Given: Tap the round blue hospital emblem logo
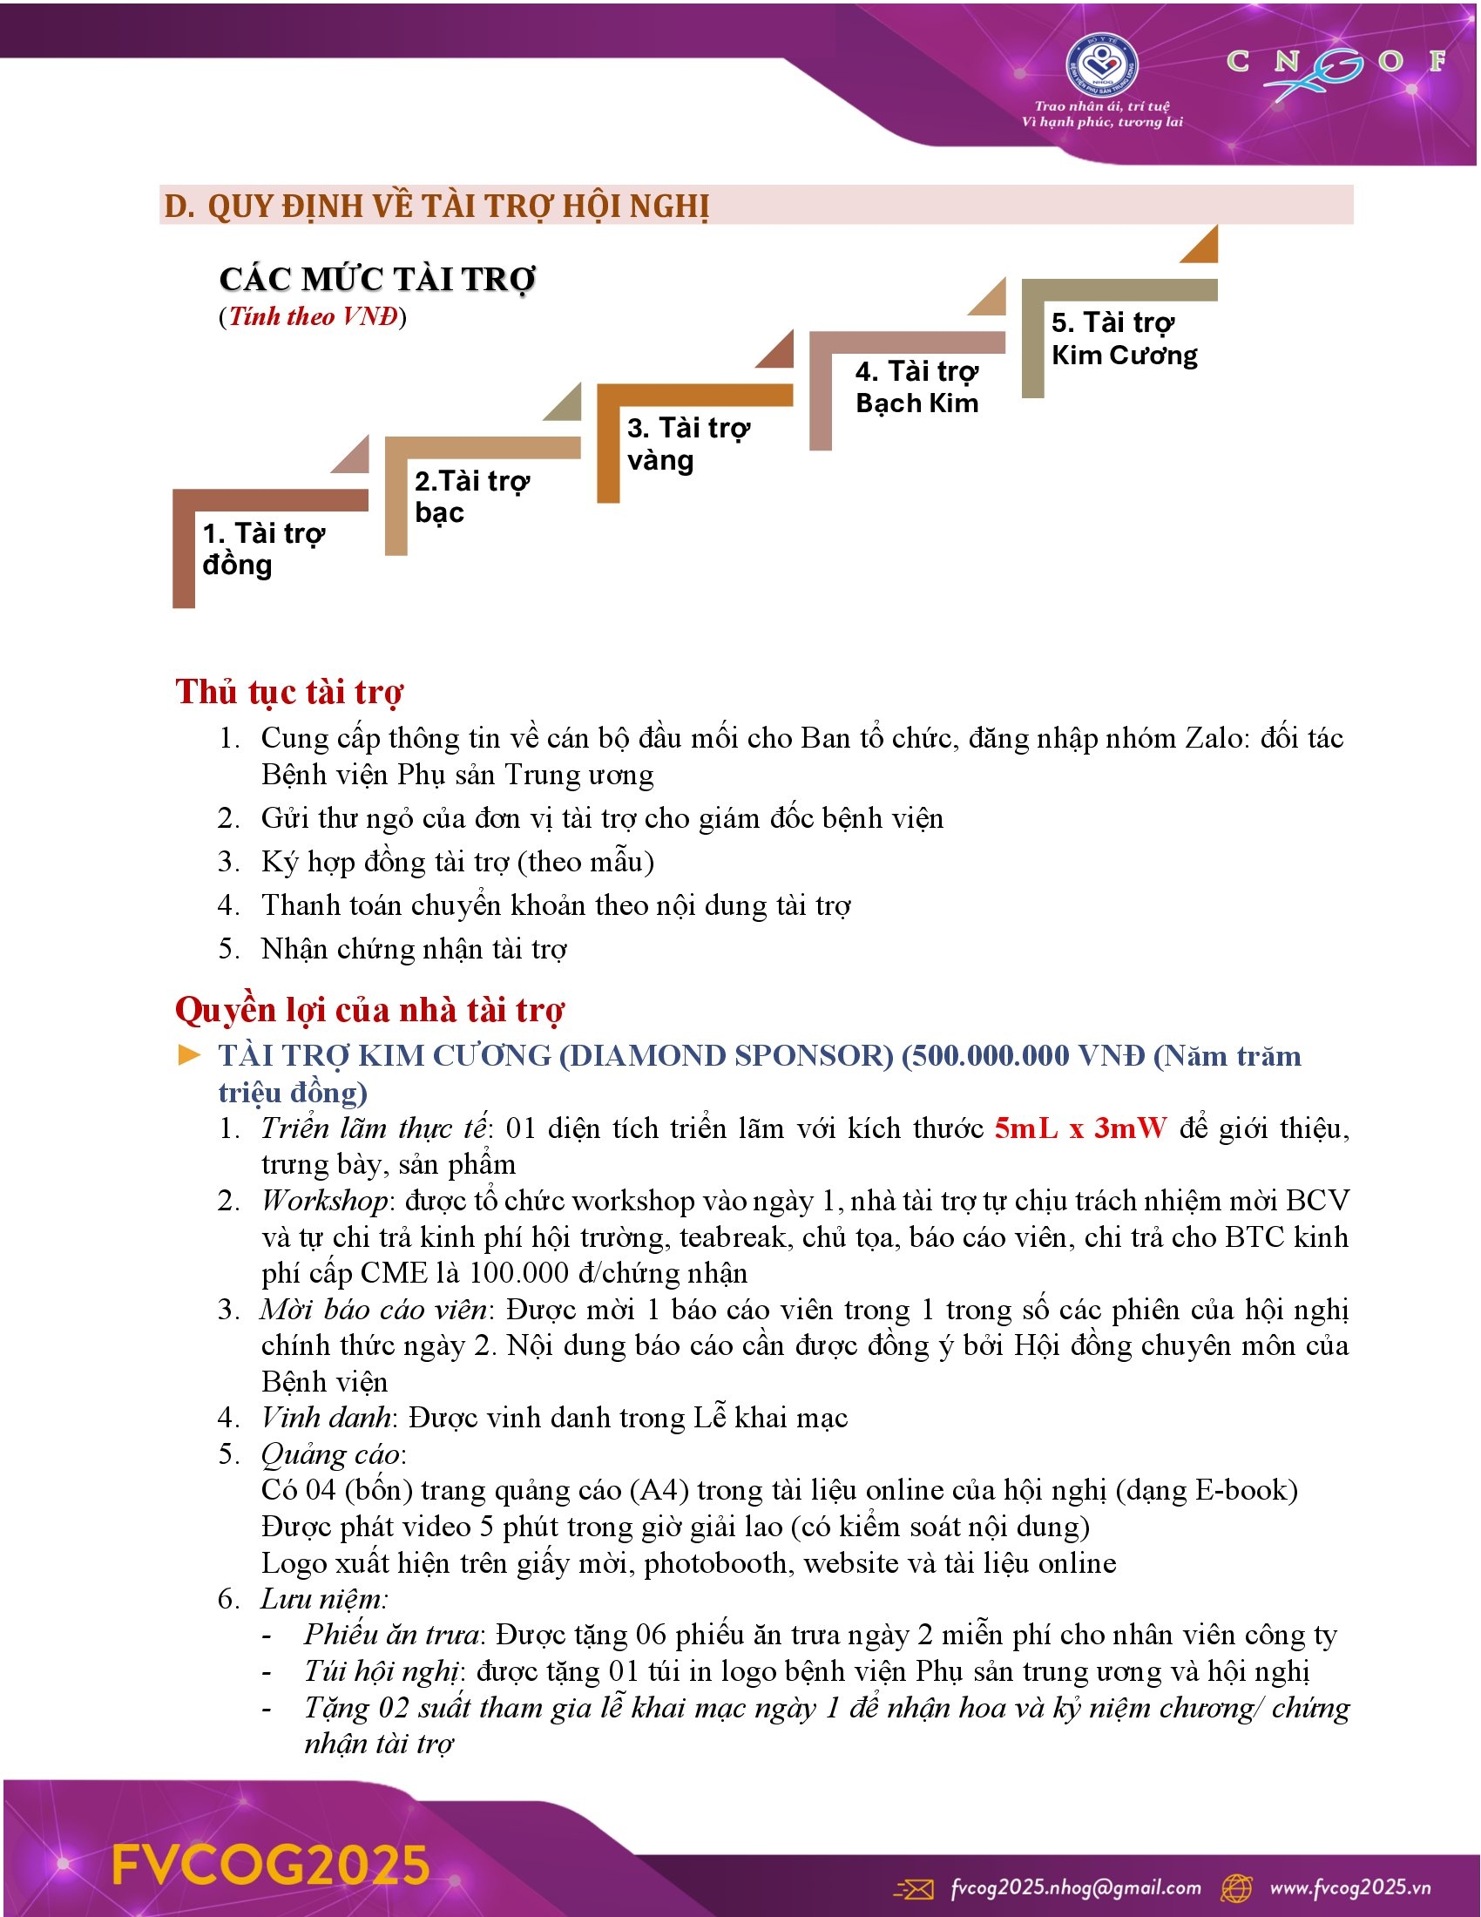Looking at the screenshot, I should (x=1102, y=67).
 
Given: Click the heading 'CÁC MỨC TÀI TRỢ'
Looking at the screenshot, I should (x=377, y=279).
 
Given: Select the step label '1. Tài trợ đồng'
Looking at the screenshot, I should (x=263, y=549).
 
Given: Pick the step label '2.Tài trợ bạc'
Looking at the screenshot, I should (x=472, y=496).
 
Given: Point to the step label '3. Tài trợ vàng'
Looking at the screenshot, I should (x=688, y=444).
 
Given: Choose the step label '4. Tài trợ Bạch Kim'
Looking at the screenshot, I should (x=916, y=387).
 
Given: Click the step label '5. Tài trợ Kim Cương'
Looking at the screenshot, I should (x=1124, y=339).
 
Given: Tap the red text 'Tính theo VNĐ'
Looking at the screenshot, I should (x=314, y=317).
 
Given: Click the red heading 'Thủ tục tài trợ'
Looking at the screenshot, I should (x=289, y=692).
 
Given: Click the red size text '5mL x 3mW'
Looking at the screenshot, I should (x=1081, y=1128).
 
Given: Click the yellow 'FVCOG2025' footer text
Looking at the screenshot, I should (x=271, y=1865).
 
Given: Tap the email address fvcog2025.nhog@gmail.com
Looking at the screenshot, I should (x=1076, y=1887).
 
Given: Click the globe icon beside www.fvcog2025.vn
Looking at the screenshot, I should (x=1238, y=1887).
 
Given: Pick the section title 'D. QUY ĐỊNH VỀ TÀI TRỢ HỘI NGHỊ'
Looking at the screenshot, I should (x=436, y=207).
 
